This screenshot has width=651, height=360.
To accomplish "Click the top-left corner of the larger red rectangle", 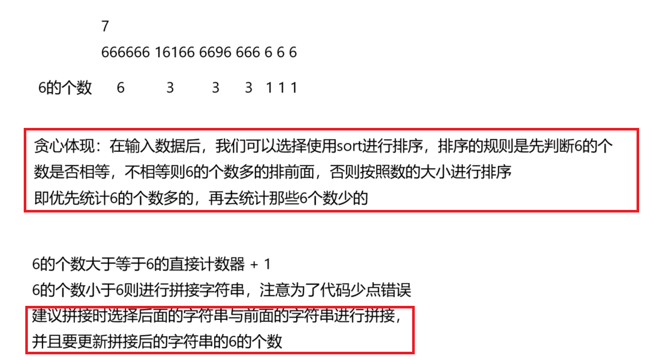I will pyautogui.click(x=25, y=129).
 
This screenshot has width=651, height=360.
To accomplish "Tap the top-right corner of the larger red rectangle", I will pyautogui.click(x=638, y=129).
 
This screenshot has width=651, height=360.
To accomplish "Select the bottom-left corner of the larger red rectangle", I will pyautogui.click(x=25, y=211).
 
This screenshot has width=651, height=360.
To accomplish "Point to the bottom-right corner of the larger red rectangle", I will pyautogui.click(x=638, y=211).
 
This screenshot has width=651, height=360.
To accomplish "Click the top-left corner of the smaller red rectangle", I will pyautogui.click(x=26, y=307).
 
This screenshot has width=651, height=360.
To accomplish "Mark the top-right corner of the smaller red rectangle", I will pyautogui.click(x=413, y=307).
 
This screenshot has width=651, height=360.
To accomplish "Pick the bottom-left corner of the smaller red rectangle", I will pyautogui.click(x=26, y=353).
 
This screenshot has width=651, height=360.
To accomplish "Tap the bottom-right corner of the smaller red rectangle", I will pyautogui.click(x=413, y=353).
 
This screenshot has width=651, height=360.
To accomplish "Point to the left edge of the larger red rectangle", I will pyautogui.click(x=25, y=170).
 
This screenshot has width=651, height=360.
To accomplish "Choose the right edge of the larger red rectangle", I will pyautogui.click(x=638, y=170).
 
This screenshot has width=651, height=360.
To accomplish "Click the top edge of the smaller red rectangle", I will pyautogui.click(x=220, y=307).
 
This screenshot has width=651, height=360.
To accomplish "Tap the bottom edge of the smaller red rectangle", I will pyautogui.click(x=220, y=353).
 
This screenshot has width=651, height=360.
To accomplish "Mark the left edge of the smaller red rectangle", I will pyautogui.click(x=26, y=330).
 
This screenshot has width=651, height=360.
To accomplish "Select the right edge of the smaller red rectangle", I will pyautogui.click(x=413, y=330).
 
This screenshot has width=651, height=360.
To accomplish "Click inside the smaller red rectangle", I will pyautogui.click(x=220, y=330).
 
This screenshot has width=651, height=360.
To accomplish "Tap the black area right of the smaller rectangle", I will pyautogui.click(x=531, y=330).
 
